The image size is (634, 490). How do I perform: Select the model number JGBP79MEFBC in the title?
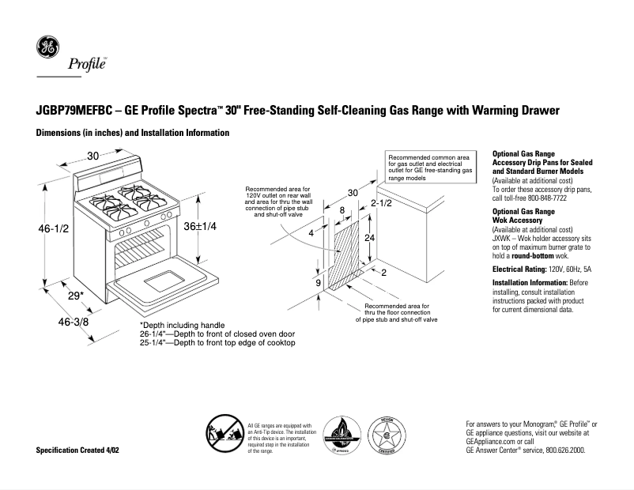pos(71,111)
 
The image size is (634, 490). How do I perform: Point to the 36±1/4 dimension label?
pos(199,226)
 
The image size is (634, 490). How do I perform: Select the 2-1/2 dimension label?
pos(382,203)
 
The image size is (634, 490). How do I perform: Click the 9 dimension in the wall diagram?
pos(318,282)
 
